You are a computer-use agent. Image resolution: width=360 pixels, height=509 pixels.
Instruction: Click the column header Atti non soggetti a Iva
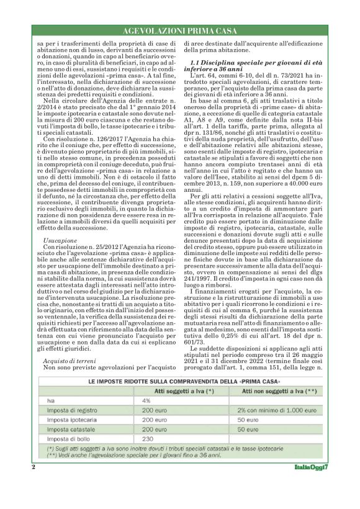(276, 390)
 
